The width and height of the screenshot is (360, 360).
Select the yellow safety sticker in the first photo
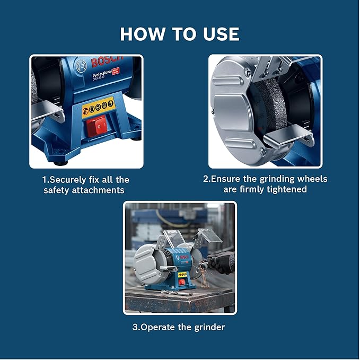[x=98, y=106]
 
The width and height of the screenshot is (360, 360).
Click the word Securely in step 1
[x=69, y=180]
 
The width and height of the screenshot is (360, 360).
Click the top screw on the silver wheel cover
[x=248, y=73]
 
